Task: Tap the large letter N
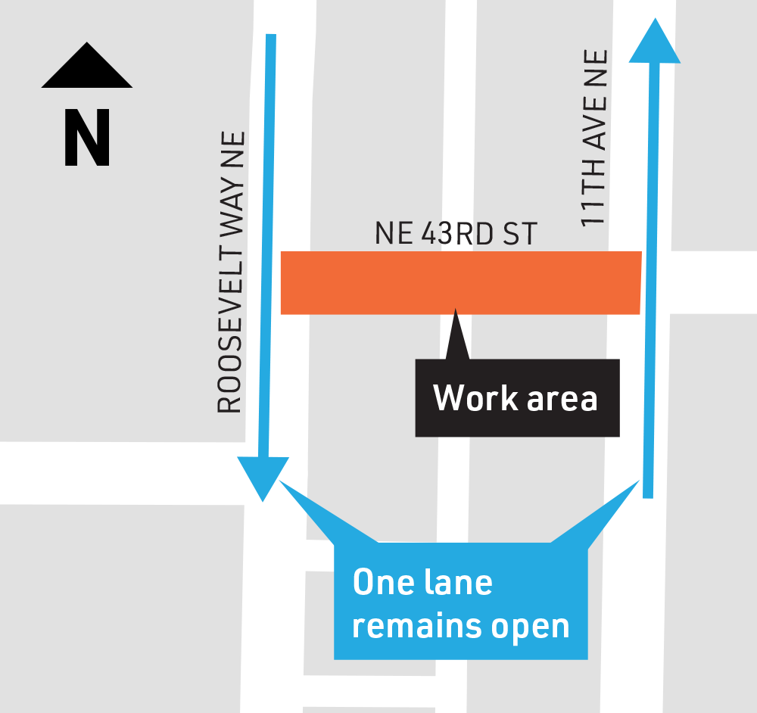[x=87, y=138]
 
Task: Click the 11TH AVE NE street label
[x=595, y=138]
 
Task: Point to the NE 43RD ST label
[x=456, y=234]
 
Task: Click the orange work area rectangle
[x=460, y=282]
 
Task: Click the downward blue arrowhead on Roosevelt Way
[x=263, y=477]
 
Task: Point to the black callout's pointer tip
[x=455, y=312]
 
